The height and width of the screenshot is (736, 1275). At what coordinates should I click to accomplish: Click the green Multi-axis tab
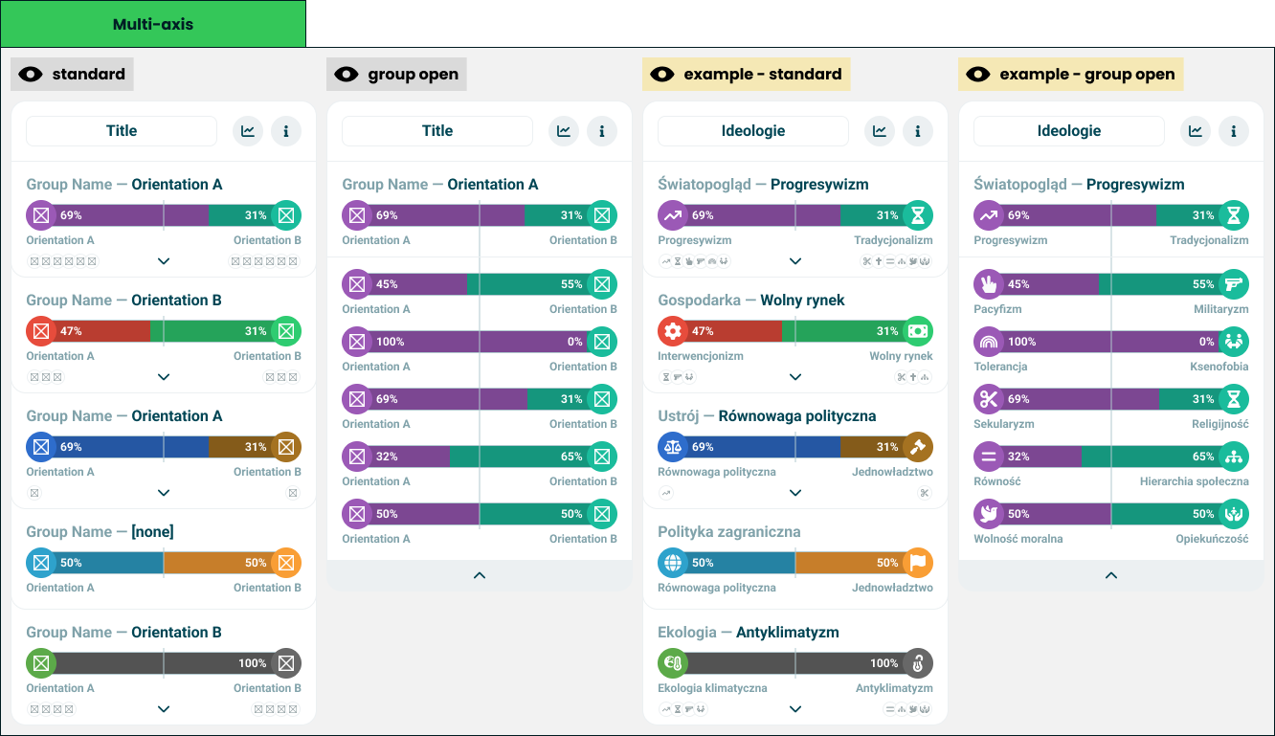153,24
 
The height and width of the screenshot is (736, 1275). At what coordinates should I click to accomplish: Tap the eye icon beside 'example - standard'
662,74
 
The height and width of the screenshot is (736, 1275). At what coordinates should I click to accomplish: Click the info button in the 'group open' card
602,131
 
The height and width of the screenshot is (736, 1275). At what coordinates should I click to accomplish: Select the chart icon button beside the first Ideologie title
880,131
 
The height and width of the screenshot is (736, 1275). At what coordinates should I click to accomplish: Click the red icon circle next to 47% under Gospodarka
673,331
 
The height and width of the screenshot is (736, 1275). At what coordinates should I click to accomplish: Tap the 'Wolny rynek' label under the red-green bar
901,356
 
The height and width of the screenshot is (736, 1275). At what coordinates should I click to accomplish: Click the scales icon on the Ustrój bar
673,447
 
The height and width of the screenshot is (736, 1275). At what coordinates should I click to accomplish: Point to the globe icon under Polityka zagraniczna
673,563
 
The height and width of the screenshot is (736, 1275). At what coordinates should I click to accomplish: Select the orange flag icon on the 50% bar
918,563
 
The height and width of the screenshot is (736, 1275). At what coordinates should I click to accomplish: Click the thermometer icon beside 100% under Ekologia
918,663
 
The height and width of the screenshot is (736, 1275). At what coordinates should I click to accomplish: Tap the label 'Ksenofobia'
1219,367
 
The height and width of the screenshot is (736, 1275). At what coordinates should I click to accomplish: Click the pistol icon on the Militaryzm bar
1234,284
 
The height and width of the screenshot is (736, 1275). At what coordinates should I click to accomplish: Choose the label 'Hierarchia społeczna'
1195,481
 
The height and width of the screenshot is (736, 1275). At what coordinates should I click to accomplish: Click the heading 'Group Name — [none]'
101,531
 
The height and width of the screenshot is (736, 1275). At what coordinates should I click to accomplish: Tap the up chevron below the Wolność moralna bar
1111,575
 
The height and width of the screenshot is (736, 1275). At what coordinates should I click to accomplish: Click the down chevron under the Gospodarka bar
795,377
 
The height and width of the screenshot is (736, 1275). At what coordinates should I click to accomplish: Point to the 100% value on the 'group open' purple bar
390,342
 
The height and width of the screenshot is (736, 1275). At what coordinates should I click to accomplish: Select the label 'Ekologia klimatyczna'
712,688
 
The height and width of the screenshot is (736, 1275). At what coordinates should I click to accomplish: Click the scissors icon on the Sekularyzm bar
989,399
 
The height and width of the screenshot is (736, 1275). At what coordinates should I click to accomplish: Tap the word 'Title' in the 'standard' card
122,131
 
